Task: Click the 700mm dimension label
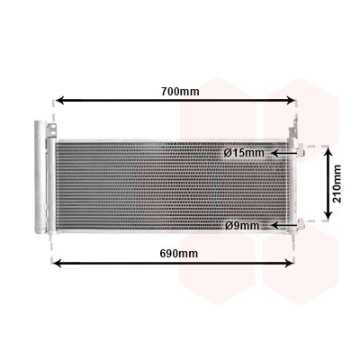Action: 180,91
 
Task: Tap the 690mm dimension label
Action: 179,254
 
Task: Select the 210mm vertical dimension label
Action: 337,184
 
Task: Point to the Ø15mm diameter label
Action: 244,153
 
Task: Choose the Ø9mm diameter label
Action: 242,225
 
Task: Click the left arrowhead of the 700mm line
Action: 60,100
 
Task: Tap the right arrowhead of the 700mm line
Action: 291,100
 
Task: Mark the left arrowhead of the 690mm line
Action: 57,264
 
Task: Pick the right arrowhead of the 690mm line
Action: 288,264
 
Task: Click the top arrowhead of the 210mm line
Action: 329,152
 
